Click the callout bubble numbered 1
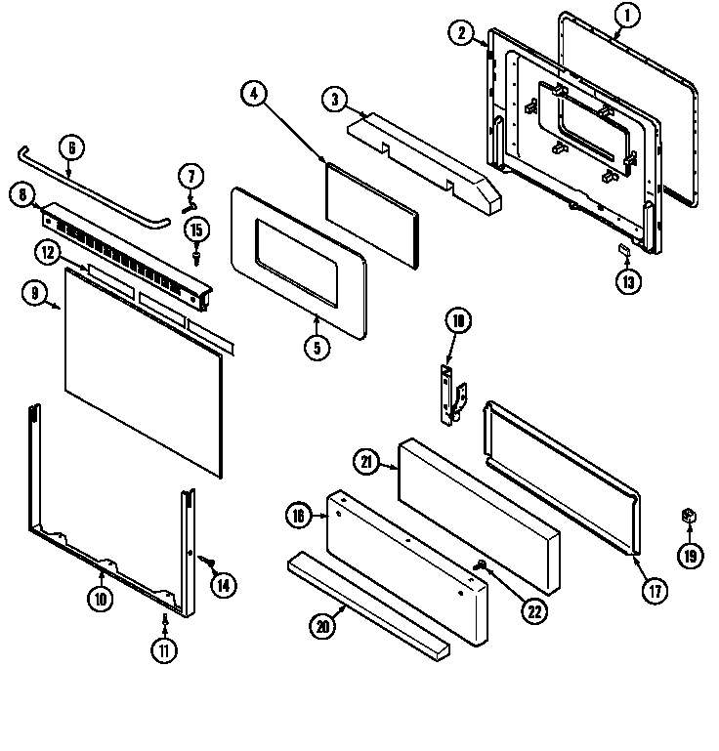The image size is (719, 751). point(627,14)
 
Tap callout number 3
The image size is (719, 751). point(334,98)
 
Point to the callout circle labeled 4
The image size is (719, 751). point(252,94)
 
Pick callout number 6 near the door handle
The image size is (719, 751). point(70,148)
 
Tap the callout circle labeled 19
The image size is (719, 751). point(691,557)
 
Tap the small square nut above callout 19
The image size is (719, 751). point(690,515)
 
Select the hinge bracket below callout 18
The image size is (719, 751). point(451,393)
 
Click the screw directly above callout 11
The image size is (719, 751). point(165,618)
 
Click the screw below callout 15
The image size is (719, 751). point(198,256)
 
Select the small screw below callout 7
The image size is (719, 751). point(190,202)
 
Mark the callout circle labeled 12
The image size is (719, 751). point(47,252)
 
